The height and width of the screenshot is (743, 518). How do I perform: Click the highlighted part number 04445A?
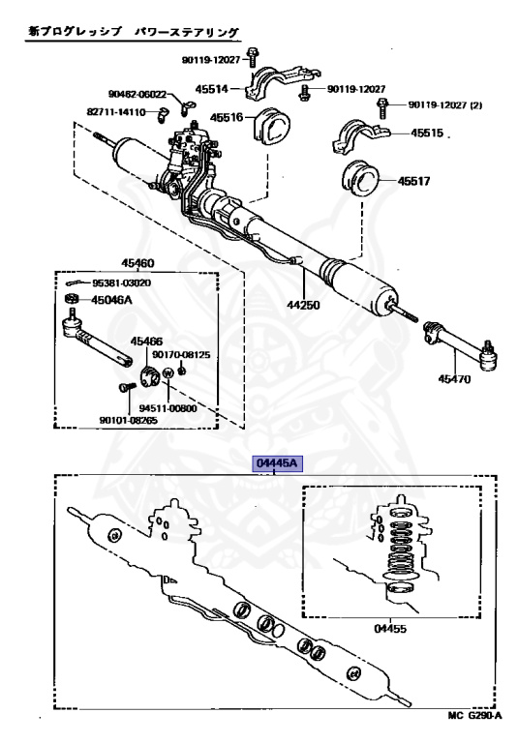pyautogui.click(x=277, y=463)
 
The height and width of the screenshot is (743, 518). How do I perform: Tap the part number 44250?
pyautogui.click(x=303, y=305)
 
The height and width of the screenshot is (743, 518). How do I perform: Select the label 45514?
pyautogui.click(x=212, y=89)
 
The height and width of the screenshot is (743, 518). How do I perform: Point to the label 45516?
pyautogui.click(x=227, y=117)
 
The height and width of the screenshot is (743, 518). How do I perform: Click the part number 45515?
pyautogui.click(x=427, y=134)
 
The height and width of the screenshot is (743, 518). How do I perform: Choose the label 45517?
pyautogui.click(x=414, y=181)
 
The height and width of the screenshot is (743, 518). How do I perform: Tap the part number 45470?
pyautogui.click(x=454, y=379)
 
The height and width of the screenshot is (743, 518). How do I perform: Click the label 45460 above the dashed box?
pyautogui.click(x=137, y=263)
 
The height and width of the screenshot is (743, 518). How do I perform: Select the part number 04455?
pyautogui.click(x=390, y=629)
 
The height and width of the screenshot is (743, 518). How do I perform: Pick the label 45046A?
pyautogui.click(x=111, y=300)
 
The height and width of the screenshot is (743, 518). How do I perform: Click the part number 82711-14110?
pyautogui.click(x=116, y=112)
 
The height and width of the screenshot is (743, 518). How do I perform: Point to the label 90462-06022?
pyautogui.click(x=137, y=94)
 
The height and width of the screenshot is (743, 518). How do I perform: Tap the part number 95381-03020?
pyautogui.click(x=121, y=282)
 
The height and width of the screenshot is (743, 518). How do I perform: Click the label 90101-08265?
pyautogui.click(x=129, y=420)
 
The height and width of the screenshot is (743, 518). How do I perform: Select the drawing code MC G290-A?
pyautogui.click(x=474, y=715)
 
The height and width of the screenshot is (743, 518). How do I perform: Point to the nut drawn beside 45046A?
pyautogui.click(x=71, y=300)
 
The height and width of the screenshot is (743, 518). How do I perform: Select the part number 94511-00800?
pyautogui.click(x=168, y=408)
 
